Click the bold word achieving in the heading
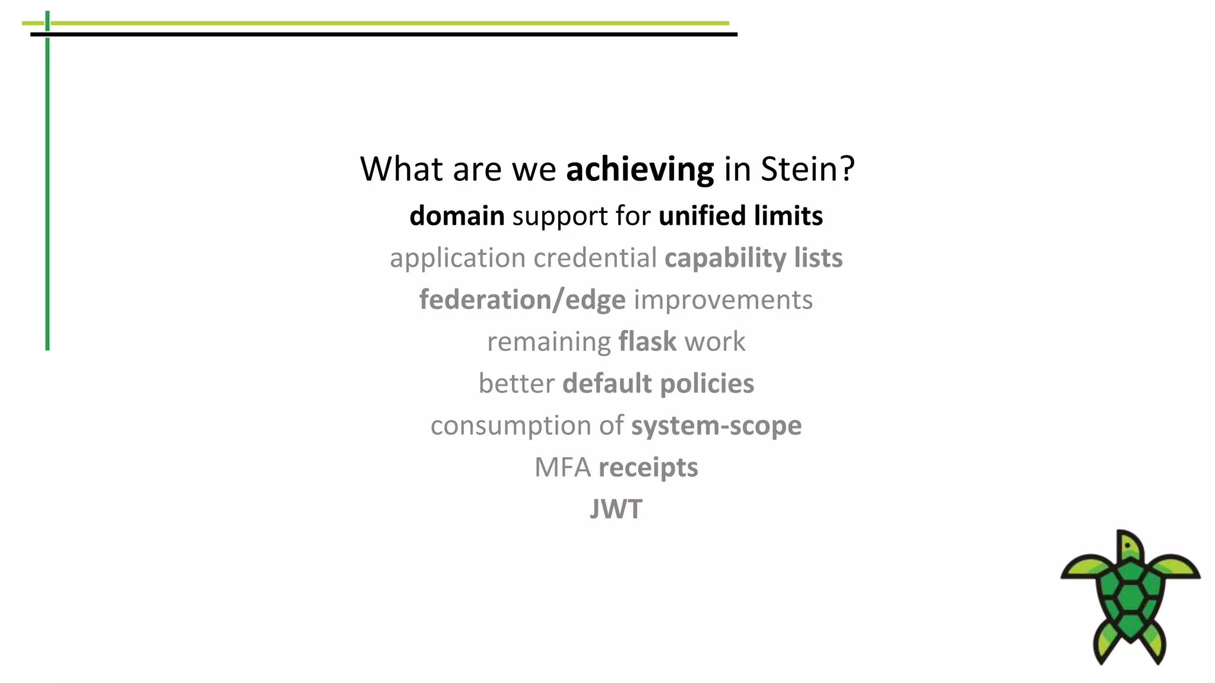tap(640, 170)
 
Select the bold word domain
tap(457, 216)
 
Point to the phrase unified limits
tap(740, 216)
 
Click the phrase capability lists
tap(753, 258)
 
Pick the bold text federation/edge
tap(522, 300)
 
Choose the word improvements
tap(723, 300)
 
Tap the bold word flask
tap(647, 341)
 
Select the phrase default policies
tap(658, 384)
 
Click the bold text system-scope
tap(716, 426)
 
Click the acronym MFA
tap(562, 468)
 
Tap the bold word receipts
tap(648, 468)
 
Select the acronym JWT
tap(616, 509)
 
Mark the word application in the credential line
tap(457, 258)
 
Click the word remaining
tap(549, 342)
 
